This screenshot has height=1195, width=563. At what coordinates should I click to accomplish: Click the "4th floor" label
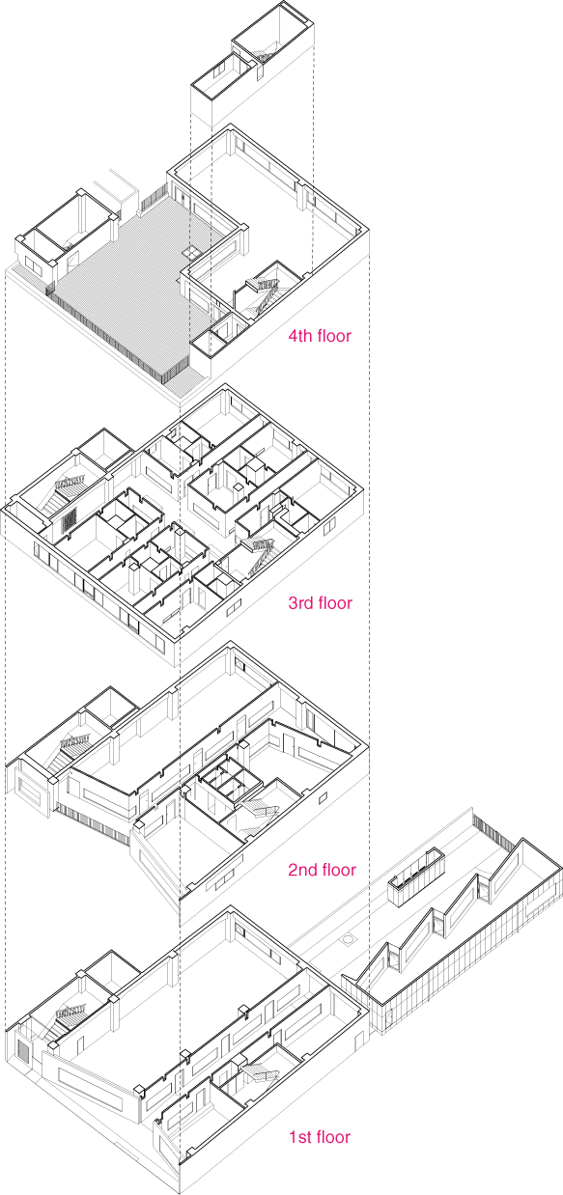point(320,337)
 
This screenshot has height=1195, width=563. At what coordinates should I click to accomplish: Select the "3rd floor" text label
point(320,603)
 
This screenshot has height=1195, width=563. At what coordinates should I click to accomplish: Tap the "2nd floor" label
point(322,870)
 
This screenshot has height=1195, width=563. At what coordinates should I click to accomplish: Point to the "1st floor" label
point(319,1136)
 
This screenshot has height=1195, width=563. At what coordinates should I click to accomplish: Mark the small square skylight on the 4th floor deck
point(194,250)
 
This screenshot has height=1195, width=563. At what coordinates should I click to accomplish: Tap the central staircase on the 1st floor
point(258,1074)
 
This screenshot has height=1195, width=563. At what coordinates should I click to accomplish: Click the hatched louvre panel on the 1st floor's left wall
point(24,1052)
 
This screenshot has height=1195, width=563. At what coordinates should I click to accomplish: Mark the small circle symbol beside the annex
point(347,937)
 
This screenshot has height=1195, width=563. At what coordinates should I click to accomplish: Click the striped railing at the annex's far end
point(491,828)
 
